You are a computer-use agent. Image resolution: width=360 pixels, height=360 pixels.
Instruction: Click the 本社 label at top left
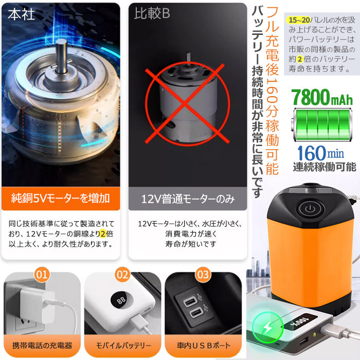[22, 14]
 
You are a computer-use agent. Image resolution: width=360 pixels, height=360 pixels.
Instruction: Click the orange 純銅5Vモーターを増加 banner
[61, 199]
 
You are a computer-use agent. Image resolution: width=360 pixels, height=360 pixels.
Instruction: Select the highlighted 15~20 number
[299, 20]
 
